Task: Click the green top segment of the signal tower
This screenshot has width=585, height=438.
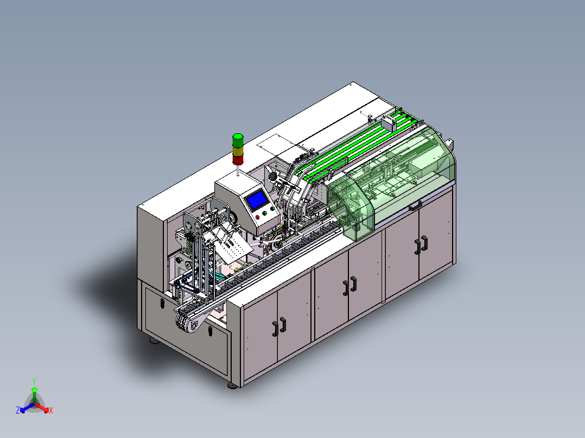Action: tap(238, 140)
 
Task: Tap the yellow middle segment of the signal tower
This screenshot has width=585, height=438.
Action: tap(238, 151)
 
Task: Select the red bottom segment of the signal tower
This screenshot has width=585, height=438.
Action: tap(238, 159)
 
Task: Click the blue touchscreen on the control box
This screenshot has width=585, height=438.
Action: tap(256, 200)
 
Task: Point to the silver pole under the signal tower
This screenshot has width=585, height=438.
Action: tap(238, 170)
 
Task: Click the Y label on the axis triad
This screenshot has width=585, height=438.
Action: tap(34, 382)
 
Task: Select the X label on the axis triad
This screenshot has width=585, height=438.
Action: tap(51, 410)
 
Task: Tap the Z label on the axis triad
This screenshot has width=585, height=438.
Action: tap(18, 410)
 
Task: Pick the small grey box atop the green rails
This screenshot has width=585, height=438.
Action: tap(389, 123)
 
